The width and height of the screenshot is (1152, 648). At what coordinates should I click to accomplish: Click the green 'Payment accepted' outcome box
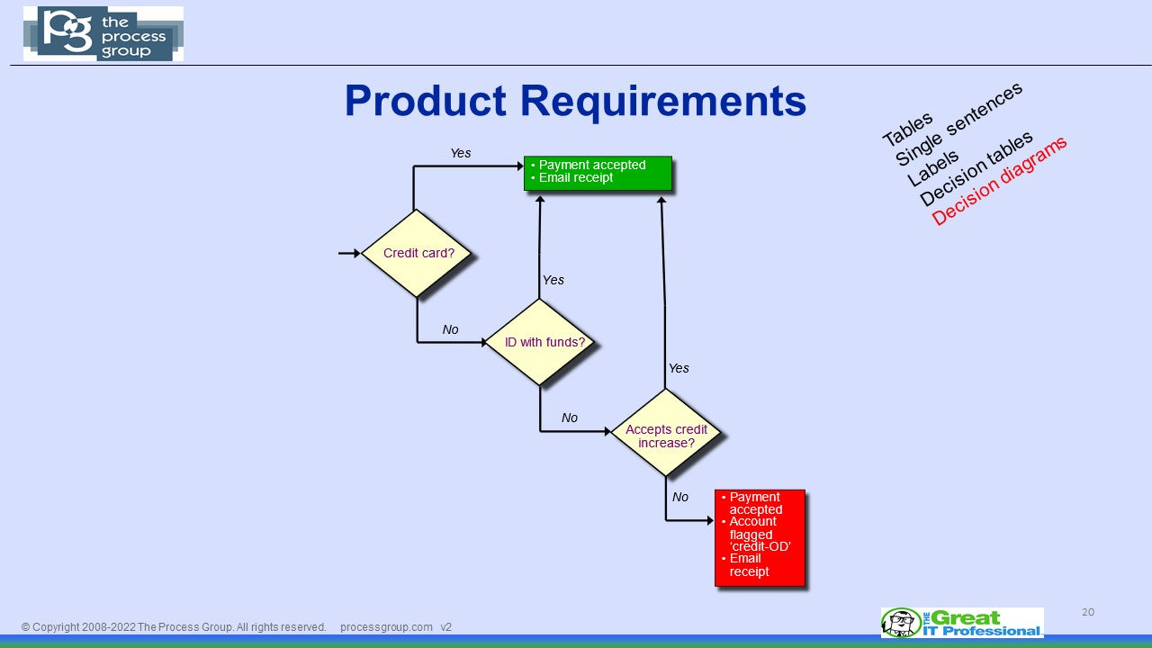click(598, 173)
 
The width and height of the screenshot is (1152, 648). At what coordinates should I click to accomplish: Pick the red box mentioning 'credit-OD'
click(759, 537)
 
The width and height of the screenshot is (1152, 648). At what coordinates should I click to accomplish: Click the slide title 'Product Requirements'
click(575, 101)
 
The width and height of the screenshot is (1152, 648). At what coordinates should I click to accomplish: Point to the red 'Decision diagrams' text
click(999, 181)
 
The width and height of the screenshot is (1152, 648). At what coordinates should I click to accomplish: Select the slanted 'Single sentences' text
click(959, 124)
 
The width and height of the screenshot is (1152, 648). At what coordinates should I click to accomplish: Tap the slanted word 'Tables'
click(907, 130)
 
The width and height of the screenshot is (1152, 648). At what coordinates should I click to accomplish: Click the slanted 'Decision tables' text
click(976, 168)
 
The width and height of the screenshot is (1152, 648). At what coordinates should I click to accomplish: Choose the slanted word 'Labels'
click(932, 168)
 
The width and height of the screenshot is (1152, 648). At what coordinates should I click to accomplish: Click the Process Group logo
click(103, 34)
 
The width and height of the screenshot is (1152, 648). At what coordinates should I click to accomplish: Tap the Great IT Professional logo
click(962, 623)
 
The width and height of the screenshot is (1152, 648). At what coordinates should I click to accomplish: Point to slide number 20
click(1088, 612)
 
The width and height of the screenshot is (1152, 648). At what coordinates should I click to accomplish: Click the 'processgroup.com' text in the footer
click(386, 627)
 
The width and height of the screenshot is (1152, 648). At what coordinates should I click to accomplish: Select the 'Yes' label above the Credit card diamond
click(461, 153)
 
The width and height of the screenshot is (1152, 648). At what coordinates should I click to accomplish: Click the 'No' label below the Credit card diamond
click(450, 329)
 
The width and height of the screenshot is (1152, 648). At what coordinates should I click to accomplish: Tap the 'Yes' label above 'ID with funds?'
click(553, 280)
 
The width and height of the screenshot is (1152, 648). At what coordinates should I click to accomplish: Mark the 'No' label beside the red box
click(680, 497)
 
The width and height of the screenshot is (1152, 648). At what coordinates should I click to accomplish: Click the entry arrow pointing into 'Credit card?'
click(349, 254)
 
